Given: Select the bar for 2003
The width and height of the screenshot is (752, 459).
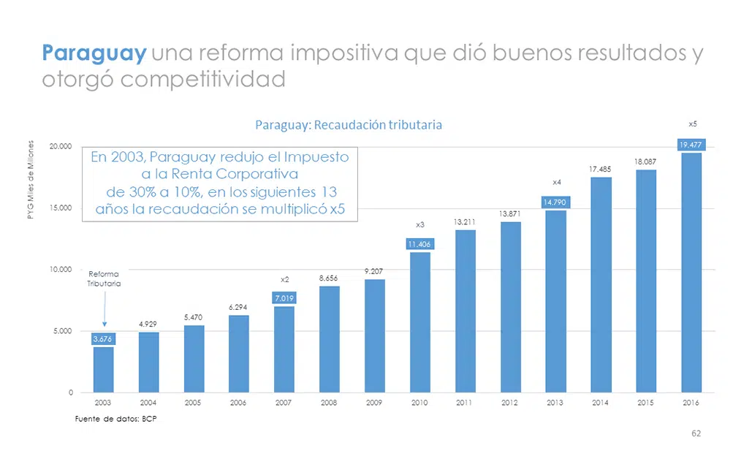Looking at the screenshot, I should point(103,369).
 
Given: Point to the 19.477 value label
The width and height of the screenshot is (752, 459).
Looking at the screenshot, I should point(691,145).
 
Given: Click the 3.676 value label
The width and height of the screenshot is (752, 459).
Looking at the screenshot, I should point(103,339).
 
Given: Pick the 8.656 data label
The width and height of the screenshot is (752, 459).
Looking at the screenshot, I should point(329,278).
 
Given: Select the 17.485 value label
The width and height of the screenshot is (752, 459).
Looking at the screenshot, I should point(600,170).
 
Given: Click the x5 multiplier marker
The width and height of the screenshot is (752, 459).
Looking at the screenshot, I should point(692,124).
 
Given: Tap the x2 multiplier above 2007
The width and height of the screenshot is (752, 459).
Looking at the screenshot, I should point(285,279).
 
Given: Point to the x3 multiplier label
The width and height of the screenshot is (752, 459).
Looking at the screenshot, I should point(419,224).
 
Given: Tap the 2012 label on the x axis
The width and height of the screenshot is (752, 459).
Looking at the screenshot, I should point(510,403).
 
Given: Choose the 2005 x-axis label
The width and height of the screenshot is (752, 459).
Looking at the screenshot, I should point(194,403).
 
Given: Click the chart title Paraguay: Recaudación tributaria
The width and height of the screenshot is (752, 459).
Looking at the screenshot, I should point(349,125).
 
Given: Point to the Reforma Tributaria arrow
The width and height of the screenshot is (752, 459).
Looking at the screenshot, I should point(104,310).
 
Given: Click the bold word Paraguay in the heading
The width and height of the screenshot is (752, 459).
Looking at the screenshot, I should point(94,53).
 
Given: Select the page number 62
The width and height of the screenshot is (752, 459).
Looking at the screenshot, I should point(696,433).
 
